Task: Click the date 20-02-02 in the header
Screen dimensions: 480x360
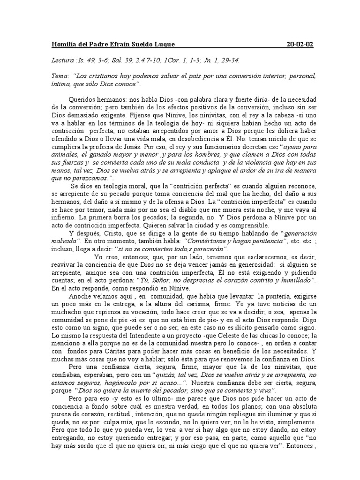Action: pyautogui.click(x=300, y=45)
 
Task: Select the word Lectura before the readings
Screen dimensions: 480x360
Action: pyautogui.click(x=63, y=60)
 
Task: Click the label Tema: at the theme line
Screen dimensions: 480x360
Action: pyautogui.click(x=60, y=76)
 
